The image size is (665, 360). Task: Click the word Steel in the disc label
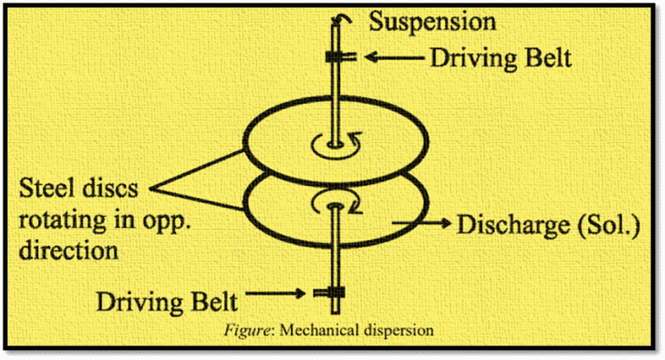click(x=48, y=188)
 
